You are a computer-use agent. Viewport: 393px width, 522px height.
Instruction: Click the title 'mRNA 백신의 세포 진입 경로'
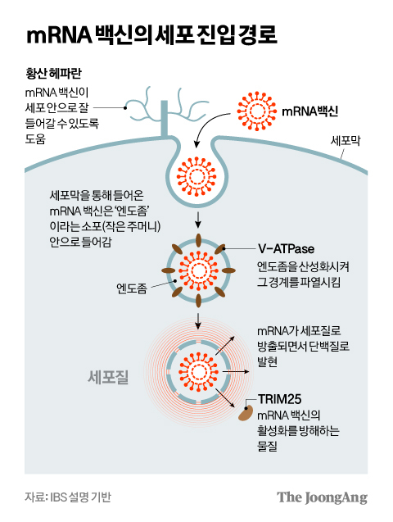(151, 36)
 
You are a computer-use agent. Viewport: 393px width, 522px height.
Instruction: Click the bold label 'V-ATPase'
(281, 247)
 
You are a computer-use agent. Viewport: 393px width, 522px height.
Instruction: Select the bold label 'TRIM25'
(279, 399)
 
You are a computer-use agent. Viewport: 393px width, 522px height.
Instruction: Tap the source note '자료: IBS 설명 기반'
(67, 497)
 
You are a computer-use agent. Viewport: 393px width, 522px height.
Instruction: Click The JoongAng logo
(321, 497)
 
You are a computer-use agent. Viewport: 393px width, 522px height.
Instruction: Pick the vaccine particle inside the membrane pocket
(196, 172)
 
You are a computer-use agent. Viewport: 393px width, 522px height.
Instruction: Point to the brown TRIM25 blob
(246, 413)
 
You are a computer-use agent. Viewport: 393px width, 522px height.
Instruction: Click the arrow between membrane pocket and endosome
(196, 219)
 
